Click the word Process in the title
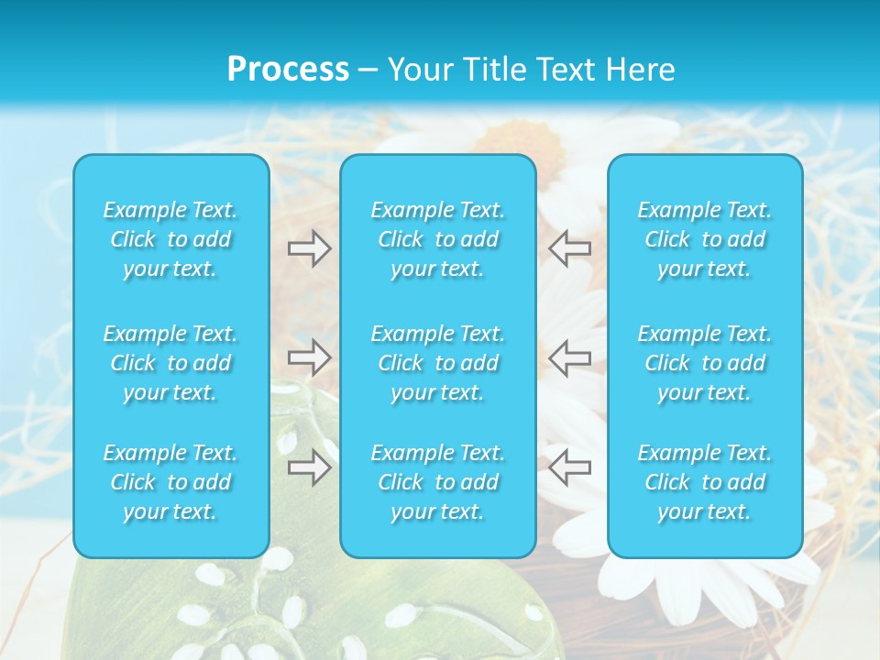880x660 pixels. tap(288, 70)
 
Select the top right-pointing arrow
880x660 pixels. tap(309, 248)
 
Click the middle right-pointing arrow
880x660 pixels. tap(309, 357)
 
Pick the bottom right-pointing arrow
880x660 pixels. tap(309, 467)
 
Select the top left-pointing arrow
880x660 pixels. tap(570, 248)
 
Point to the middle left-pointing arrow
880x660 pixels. tap(570, 357)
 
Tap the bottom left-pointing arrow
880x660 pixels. tap(570, 467)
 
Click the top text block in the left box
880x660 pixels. tap(170, 239)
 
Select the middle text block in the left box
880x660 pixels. tap(170, 363)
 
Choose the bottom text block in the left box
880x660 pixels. tap(170, 482)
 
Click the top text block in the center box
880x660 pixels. tap(438, 239)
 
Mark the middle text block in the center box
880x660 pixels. tap(438, 363)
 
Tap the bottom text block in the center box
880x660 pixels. tap(438, 482)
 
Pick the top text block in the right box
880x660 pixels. tap(705, 239)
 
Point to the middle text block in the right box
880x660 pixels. tap(705, 363)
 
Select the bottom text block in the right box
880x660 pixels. tap(705, 482)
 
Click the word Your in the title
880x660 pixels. tap(418, 70)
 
